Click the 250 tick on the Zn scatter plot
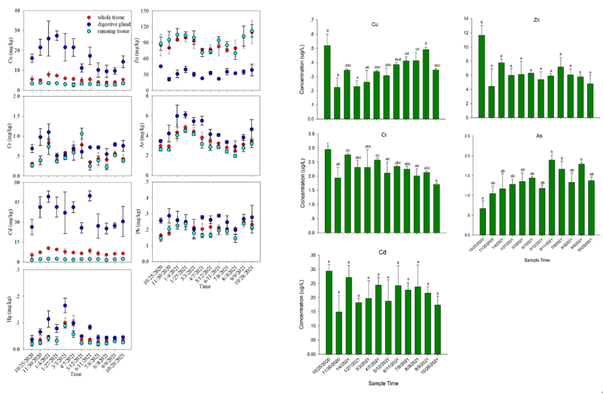click(153, 11)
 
